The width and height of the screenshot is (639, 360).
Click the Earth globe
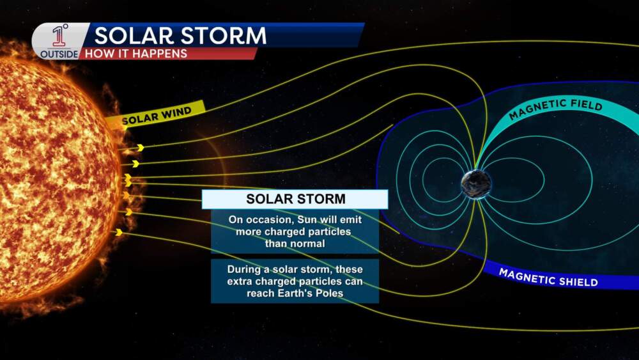[x=475, y=184]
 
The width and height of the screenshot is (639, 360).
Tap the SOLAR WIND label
[x=157, y=115]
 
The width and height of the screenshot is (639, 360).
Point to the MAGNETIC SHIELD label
[x=548, y=278]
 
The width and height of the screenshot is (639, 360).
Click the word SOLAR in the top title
[x=135, y=35]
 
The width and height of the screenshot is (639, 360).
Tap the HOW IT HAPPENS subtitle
[x=135, y=54]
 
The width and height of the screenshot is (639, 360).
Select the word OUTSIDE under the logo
[x=59, y=54]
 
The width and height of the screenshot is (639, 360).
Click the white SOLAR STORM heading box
[x=295, y=199]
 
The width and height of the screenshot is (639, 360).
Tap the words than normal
[x=295, y=244]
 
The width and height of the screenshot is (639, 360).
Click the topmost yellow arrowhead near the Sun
[x=141, y=147]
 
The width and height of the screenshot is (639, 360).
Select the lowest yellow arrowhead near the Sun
[x=119, y=232]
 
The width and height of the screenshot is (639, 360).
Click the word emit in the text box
[x=352, y=220]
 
